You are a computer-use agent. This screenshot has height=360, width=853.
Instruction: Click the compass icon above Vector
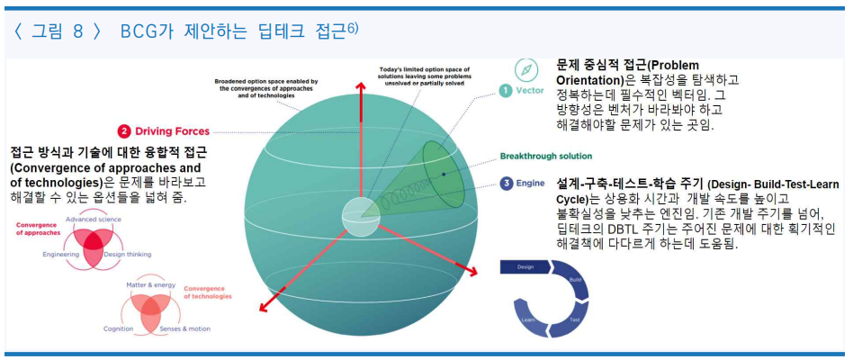pos(526,69)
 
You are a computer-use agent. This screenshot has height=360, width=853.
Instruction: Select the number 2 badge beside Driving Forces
pos(124,131)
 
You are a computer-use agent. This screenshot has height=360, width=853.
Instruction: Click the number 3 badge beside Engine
pos(507,184)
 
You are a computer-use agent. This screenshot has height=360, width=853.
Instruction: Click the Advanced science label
pos(93,220)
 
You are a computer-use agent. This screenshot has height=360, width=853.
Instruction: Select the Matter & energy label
pos(148,284)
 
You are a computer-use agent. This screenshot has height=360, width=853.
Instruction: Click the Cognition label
pos(118,328)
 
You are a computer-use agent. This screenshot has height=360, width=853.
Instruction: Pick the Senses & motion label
pos(184,328)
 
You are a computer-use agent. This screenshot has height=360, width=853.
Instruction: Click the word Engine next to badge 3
pos(530,184)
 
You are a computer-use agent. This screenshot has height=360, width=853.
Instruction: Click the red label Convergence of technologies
pos(209,292)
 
